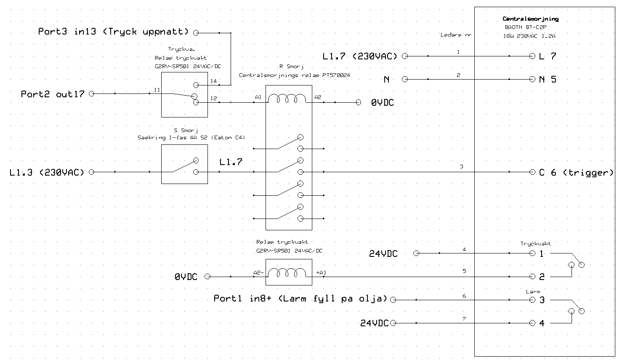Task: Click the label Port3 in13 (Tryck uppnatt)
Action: pos(113,32)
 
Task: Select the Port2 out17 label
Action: pos(53,94)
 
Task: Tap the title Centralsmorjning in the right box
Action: pos(530,19)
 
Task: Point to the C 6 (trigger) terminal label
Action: pos(576,173)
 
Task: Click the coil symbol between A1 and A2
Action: pos(287,99)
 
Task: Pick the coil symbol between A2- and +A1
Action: pos(287,273)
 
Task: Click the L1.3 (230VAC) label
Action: pos(47,173)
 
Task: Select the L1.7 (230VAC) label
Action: pos(360,56)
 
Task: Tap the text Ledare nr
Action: pos(456,35)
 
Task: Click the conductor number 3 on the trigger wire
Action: pos(462,166)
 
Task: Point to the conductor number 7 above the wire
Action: pos(464,319)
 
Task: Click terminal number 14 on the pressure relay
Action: pos(214,81)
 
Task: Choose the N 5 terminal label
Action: pos(548,80)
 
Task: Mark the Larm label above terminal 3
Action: pos(533,292)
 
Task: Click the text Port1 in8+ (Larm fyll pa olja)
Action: pos(301,299)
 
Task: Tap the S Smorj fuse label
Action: pos(186,131)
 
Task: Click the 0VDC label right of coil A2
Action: pos(383,103)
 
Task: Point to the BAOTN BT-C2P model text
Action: pos(526,27)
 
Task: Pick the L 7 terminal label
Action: pos(548,56)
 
